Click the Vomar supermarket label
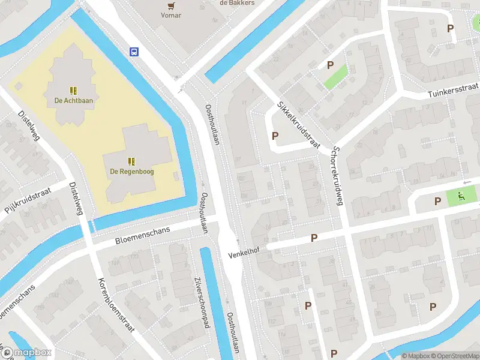tap(171, 15)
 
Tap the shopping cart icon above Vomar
tap(171, 5)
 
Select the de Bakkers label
tap(238, 3)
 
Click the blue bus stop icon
tap(134, 52)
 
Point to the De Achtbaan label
tap(74, 100)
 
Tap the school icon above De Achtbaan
tap(74, 91)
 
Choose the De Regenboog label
tap(131, 171)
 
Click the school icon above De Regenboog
tap(131, 161)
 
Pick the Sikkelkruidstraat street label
tap(298, 125)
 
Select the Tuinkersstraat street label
tap(453, 91)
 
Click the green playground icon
tap(460, 195)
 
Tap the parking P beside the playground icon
tap(438, 201)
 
